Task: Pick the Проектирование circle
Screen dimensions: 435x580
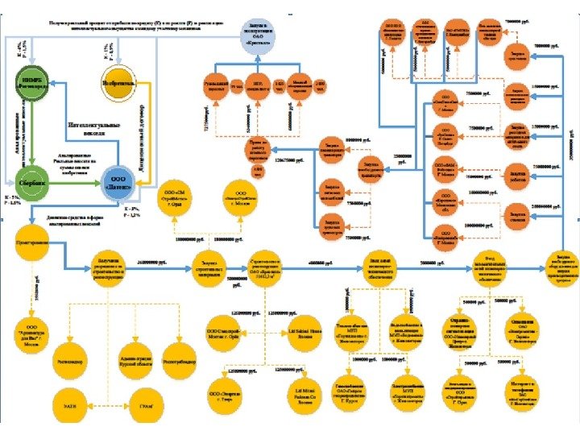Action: (x=30, y=242)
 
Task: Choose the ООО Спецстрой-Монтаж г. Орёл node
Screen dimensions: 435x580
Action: (x=224, y=332)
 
